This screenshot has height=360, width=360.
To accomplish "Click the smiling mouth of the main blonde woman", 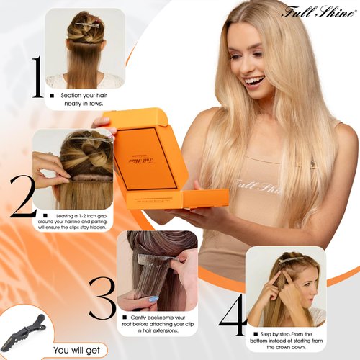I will pyautogui.click(x=255, y=82).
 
